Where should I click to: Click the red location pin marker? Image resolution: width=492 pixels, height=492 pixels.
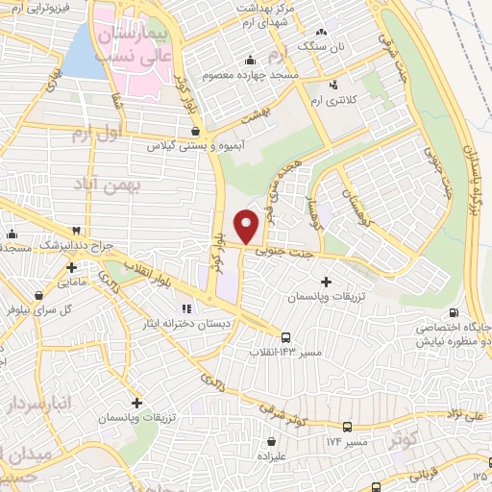[x=248, y=226]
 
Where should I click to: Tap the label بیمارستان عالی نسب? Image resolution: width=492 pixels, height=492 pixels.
[x=134, y=43]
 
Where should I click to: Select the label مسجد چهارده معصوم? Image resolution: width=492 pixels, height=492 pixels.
[x=251, y=74]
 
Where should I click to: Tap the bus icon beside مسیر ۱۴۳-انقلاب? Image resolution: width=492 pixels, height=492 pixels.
[x=286, y=336]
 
